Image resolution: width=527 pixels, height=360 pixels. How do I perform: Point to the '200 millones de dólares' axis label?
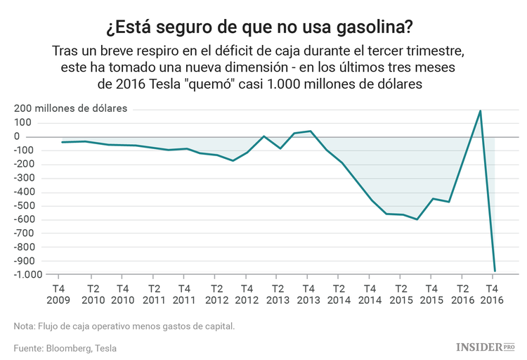coord(70,109)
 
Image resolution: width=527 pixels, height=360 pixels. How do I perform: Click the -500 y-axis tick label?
coord(28,205)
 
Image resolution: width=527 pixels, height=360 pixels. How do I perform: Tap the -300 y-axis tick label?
coord(28,178)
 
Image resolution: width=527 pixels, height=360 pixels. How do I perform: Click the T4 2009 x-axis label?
coord(58,294)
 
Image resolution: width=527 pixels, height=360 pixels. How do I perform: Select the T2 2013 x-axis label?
coord(278,294)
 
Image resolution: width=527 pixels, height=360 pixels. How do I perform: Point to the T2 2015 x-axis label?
coord(401,294)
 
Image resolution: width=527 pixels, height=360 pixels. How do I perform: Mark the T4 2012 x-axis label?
coord(247,294)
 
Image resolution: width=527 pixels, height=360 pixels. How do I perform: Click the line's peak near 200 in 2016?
coord(480,110)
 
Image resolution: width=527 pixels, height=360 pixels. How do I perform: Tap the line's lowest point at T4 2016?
coord(495,271)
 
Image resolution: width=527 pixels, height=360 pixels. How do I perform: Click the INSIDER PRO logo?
coord(486,347)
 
